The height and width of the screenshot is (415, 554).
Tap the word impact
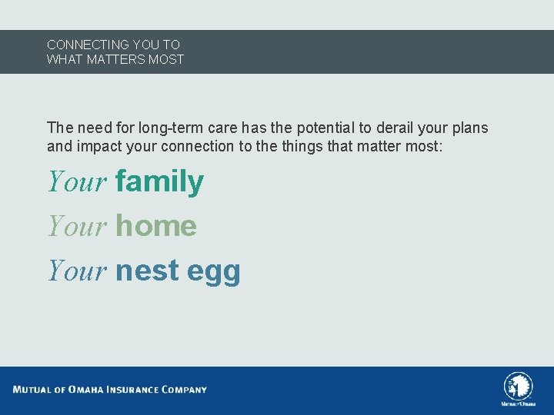[x=95, y=145]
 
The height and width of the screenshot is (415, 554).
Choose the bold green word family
[x=159, y=182]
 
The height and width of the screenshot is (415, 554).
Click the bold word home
[x=156, y=226]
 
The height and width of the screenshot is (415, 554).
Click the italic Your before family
[x=77, y=182]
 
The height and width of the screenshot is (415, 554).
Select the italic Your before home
[x=77, y=226]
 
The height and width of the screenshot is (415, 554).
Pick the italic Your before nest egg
[x=77, y=271]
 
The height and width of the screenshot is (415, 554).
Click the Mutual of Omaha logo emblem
[x=518, y=386]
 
